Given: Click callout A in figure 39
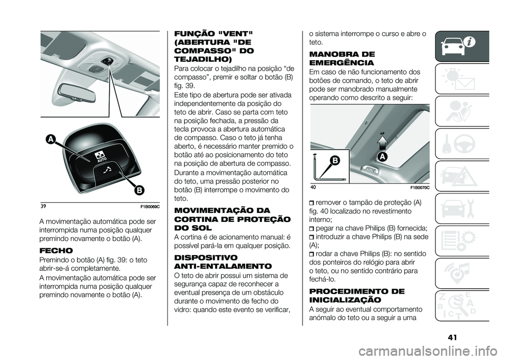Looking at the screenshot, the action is point(51,139).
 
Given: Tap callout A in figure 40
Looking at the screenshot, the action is point(383,157).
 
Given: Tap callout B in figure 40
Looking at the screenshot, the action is point(335,160).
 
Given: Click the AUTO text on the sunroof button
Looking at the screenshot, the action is point(102,159).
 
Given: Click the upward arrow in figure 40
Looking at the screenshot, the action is point(382,142).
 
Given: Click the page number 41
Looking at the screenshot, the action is point(453,337).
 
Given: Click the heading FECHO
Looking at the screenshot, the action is point(56,251).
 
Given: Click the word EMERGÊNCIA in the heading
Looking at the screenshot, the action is point(342,62).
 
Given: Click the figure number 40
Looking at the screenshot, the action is point(313,188).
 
